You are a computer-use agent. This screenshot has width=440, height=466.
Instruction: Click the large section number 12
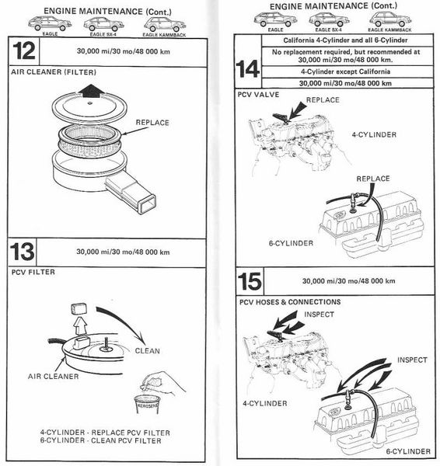pyautogui.click(x=24, y=51)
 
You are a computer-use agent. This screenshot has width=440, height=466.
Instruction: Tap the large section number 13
pyautogui.click(x=22, y=252)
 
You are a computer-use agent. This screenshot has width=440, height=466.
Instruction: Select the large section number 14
pyautogui.click(x=247, y=69)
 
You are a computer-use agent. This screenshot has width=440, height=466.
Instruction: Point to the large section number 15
pyautogui.click(x=250, y=280)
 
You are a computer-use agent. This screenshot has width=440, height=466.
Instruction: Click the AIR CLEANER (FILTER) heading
pyautogui.click(x=54, y=72)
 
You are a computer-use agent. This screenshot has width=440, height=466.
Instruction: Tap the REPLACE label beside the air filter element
pyautogui.click(x=152, y=123)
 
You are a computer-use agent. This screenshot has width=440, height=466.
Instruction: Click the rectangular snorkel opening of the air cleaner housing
pyautogui.click(x=147, y=203)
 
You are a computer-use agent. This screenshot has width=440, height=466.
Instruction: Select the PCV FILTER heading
pyautogui.click(x=33, y=273)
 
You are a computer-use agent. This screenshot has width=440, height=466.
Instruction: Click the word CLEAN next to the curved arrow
pyautogui.click(x=147, y=351)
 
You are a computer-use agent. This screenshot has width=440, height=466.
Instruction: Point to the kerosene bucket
pyautogui.click(x=147, y=405)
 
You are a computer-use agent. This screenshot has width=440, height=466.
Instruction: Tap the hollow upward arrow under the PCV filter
pyautogui.click(x=81, y=325)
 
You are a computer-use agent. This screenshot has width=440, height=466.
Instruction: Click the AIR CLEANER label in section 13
pyautogui.click(x=54, y=376)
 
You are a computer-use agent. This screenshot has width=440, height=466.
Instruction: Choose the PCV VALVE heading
pyautogui.click(x=258, y=95)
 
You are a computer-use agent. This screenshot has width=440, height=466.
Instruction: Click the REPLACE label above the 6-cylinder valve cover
pyautogui.click(x=373, y=179)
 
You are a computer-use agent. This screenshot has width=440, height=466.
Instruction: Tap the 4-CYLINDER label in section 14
pyautogui.click(x=374, y=134)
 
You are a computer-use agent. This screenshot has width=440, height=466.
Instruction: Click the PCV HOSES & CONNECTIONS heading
pyautogui.click(x=290, y=302)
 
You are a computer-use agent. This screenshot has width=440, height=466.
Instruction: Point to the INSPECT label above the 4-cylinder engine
pyautogui.click(x=319, y=315)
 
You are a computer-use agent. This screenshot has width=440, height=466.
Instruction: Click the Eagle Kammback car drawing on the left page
pyautogui.click(x=164, y=24)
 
